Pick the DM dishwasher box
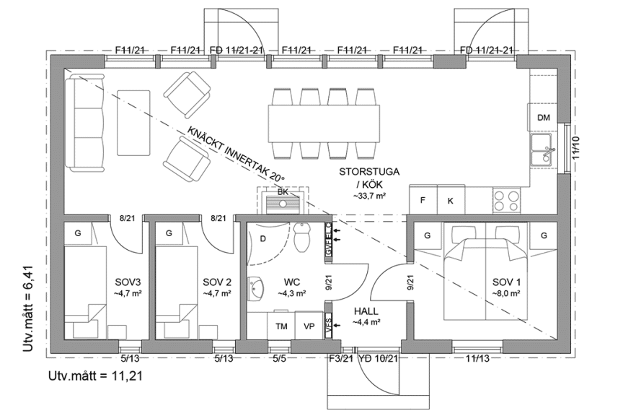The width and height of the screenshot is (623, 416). tap(543, 117)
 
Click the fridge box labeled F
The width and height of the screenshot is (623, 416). tap(423, 200)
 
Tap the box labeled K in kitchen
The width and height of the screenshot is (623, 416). tap(450, 200)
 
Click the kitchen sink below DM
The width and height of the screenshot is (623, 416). tap(543, 150)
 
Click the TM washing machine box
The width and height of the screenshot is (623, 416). tap(281, 326)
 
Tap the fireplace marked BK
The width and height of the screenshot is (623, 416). tap(283, 199)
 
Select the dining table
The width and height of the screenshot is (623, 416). tap(324, 120)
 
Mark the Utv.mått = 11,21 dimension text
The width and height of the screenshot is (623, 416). tap(94, 377)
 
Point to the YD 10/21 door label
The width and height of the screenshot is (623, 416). tap(379, 358)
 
